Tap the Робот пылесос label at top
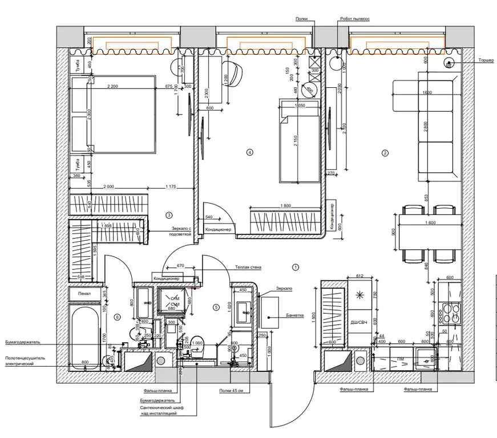(354, 19)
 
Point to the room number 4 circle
(249, 152)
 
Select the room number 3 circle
(169, 215)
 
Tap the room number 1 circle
(295, 266)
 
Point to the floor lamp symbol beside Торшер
(449, 63)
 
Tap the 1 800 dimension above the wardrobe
(287, 206)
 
